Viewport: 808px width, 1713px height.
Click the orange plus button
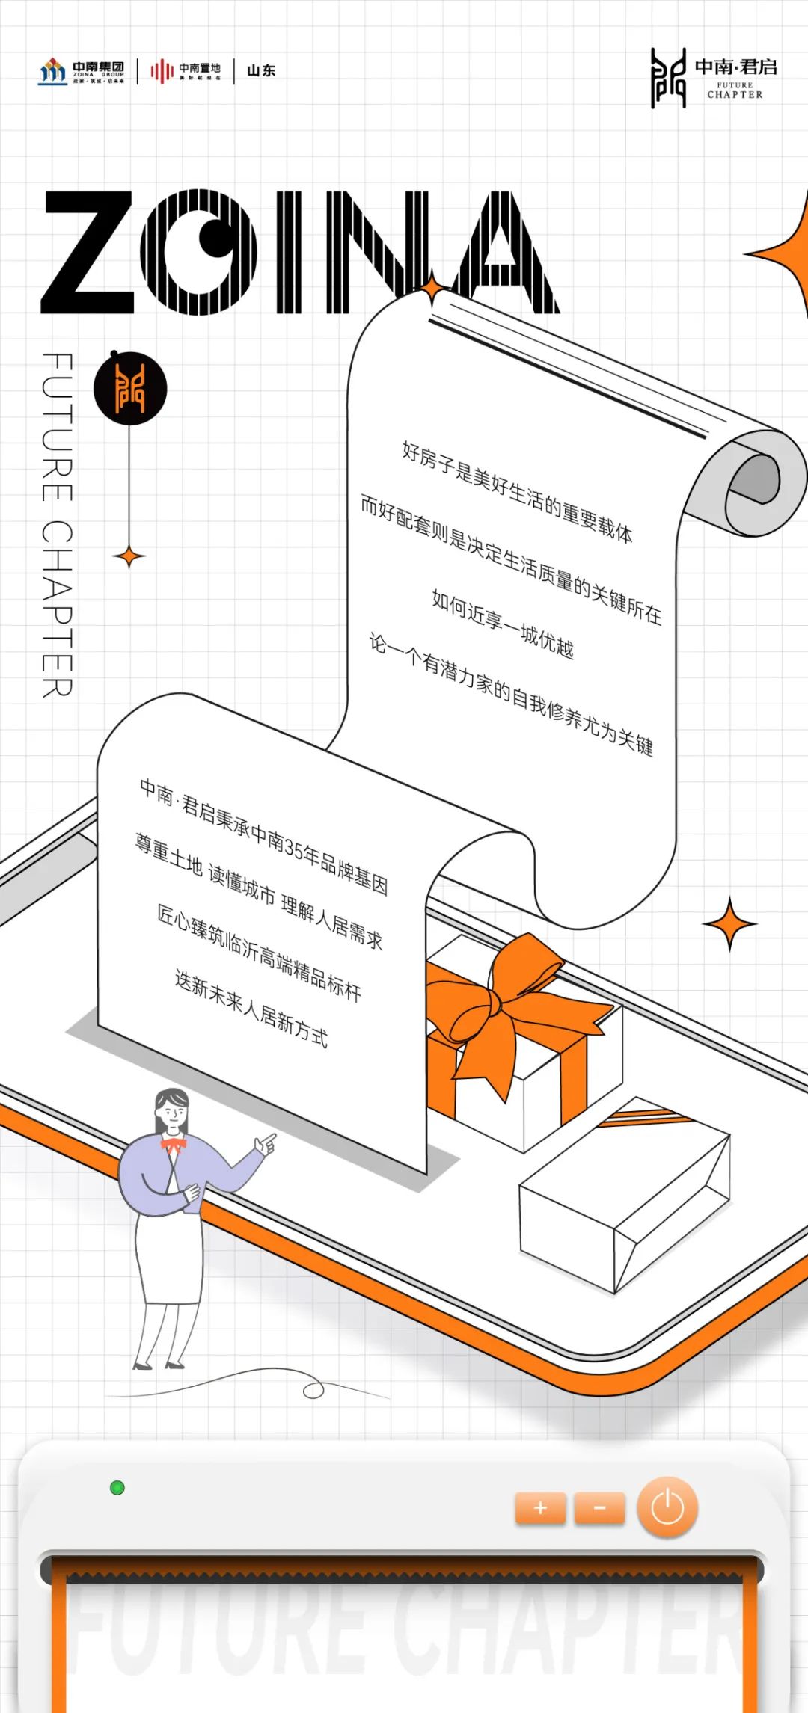[540, 1507]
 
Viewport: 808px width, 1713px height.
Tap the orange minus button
[599, 1507]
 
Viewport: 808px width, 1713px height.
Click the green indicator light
[117, 1488]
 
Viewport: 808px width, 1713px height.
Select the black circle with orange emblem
[130, 388]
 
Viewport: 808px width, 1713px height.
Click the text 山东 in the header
[261, 71]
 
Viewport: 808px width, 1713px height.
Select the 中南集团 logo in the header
[82, 72]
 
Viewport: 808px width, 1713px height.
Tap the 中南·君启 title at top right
[735, 67]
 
